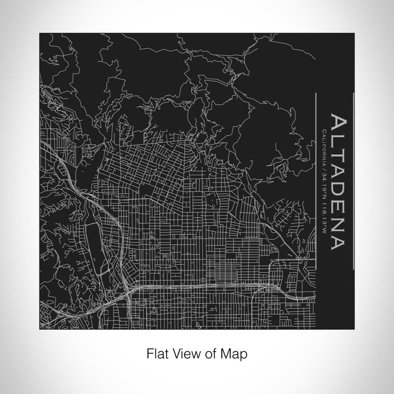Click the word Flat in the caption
(156, 354)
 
